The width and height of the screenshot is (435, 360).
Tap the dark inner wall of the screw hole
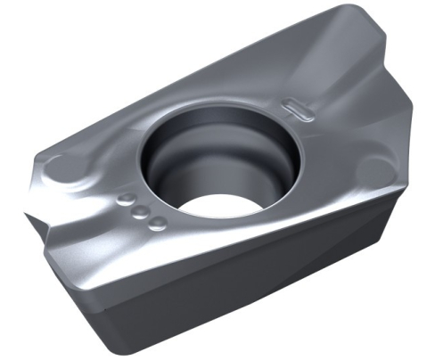178,165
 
